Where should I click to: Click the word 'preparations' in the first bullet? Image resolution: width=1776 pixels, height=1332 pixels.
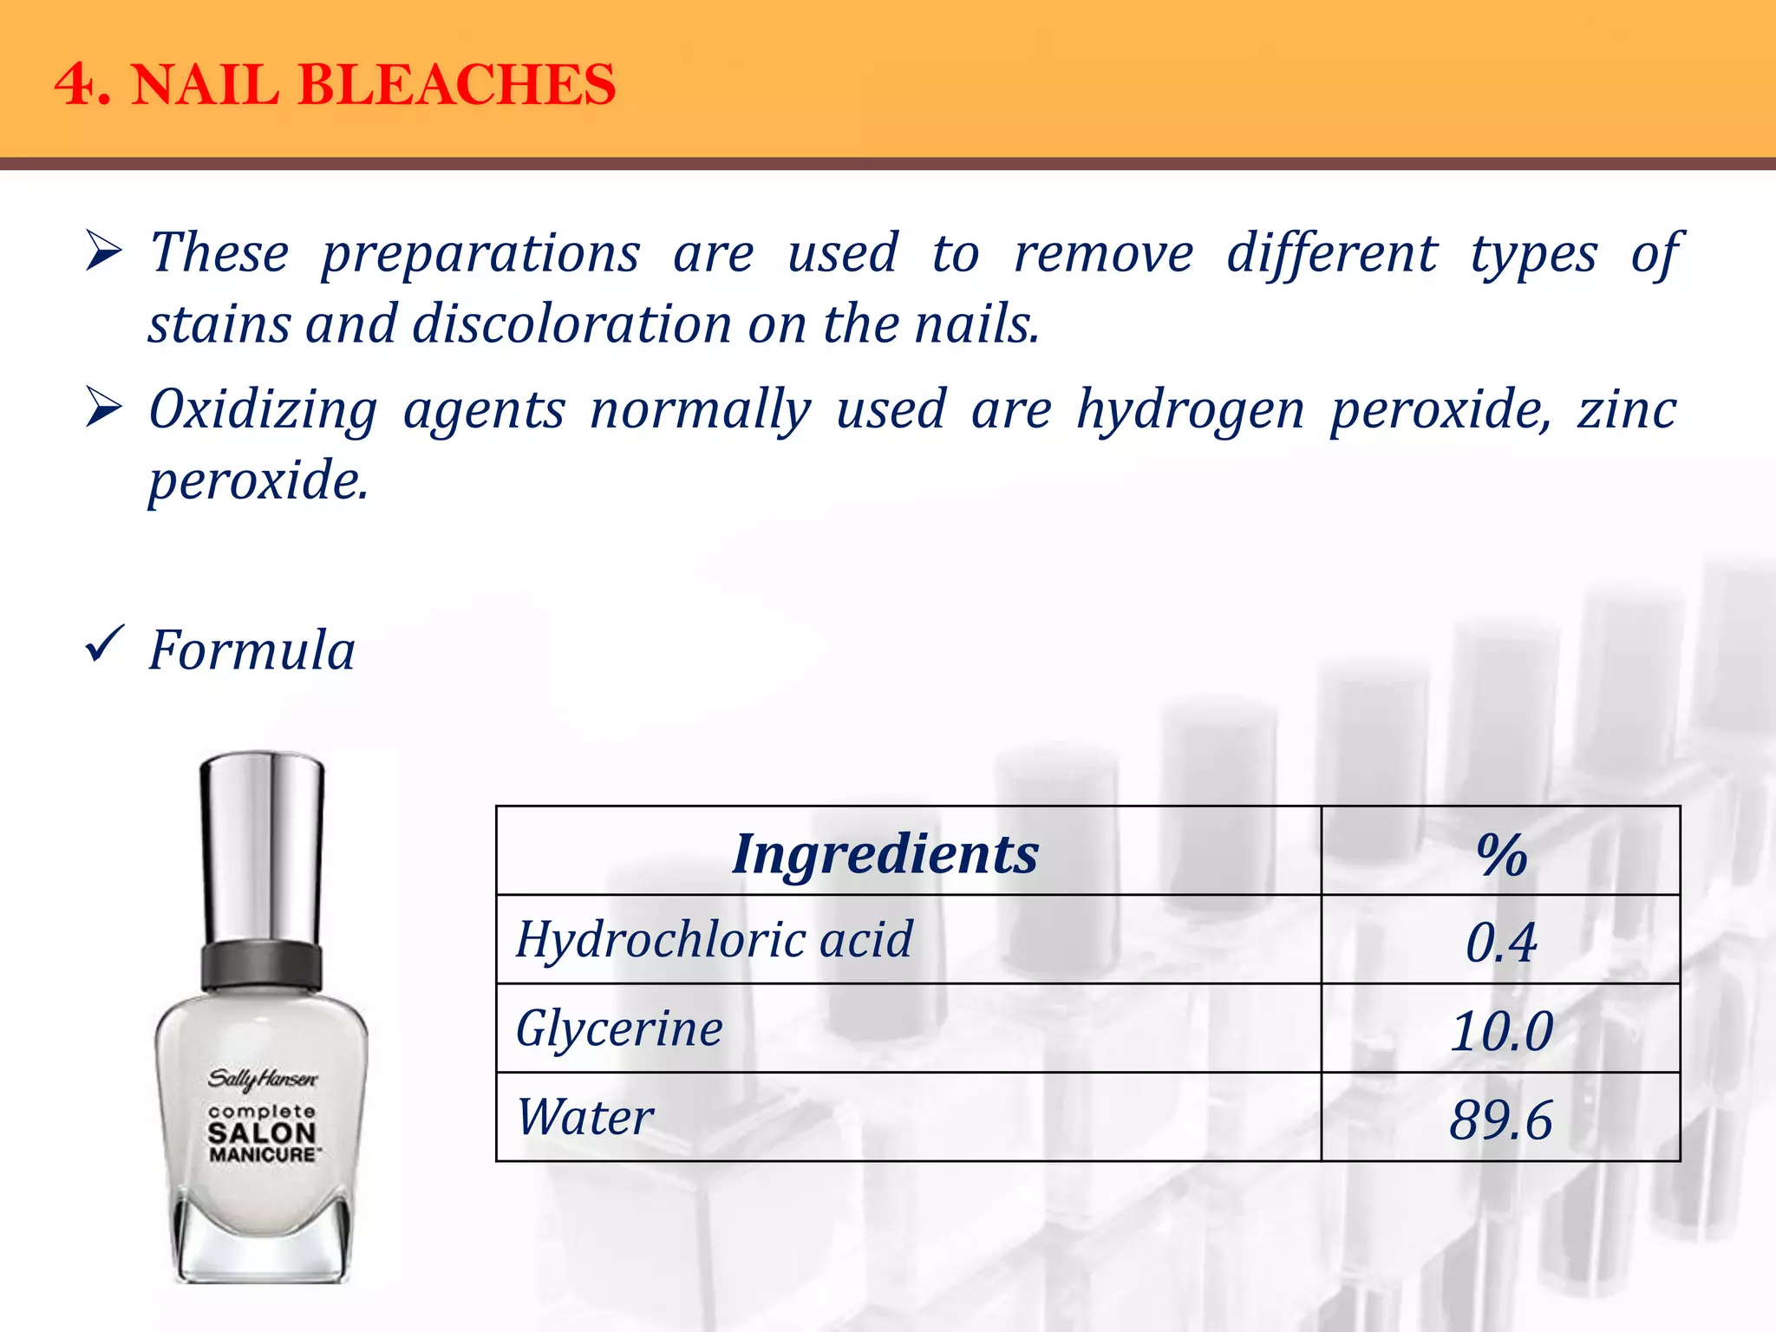coord(480,254)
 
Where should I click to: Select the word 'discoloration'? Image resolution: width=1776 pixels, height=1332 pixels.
coord(571,324)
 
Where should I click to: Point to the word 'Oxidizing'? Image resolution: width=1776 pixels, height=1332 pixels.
coord(263,409)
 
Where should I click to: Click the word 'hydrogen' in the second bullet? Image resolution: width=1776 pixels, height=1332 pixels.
coord(1190,409)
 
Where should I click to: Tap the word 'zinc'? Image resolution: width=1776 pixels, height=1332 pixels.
coord(1627,409)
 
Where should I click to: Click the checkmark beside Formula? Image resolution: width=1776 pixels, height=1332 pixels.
coord(105,646)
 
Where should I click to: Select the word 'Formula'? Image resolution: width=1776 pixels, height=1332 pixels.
coord(251,650)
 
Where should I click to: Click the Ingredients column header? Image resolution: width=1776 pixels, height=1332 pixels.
coord(885,853)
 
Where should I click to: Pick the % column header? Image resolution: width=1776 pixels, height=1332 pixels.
coord(1501,855)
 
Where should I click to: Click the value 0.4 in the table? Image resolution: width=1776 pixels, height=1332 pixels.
coord(1501,943)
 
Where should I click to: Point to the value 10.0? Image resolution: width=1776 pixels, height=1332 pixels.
coord(1501,1031)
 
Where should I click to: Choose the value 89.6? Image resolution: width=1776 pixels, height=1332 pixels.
coord(1501,1120)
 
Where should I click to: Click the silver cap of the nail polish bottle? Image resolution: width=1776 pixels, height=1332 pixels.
coord(262,850)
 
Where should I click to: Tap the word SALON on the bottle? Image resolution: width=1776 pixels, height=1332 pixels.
coord(262,1133)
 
